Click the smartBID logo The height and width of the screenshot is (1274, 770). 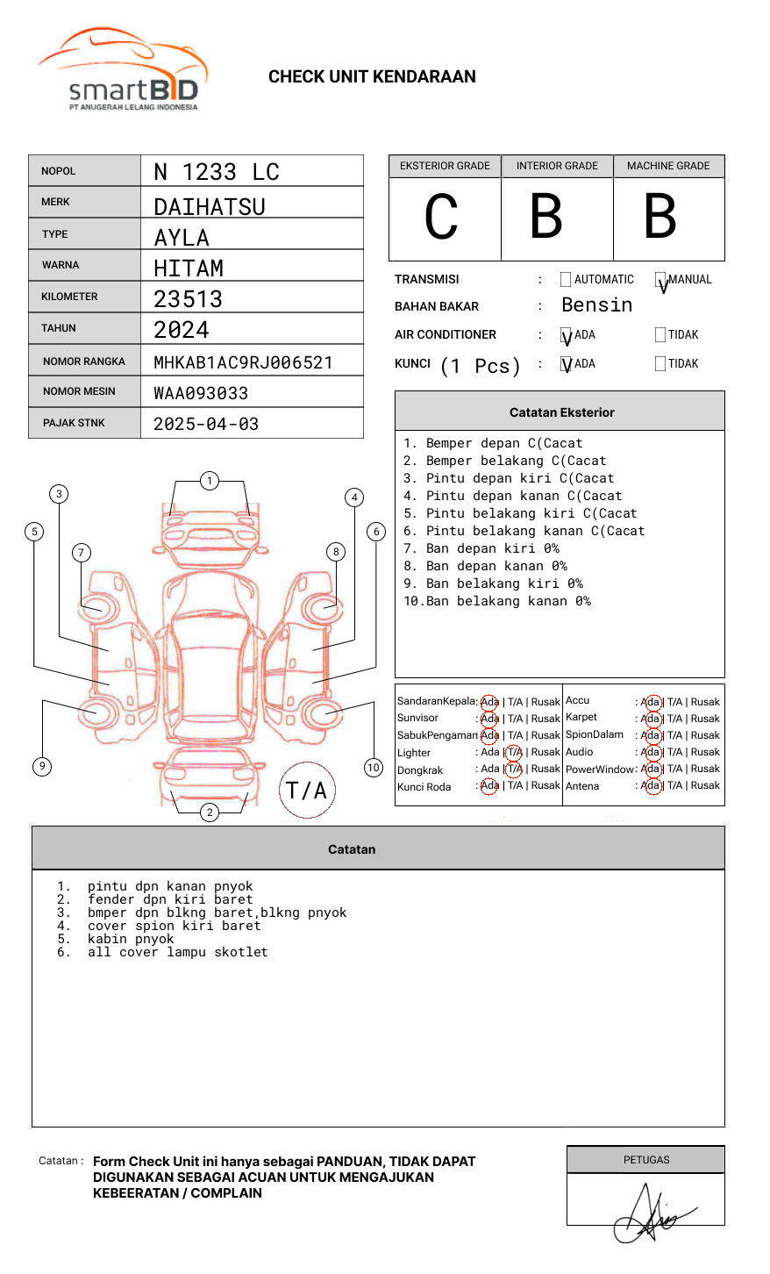[x=123, y=70]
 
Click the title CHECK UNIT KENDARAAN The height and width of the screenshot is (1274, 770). [x=372, y=77]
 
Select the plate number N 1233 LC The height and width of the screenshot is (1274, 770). [x=216, y=172]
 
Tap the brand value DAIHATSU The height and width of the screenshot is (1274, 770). [x=209, y=207]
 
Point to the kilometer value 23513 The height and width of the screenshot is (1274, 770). [x=188, y=299]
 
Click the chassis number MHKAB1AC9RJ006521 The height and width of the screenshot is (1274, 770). [x=243, y=362]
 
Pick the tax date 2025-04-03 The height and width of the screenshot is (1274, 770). [x=206, y=424]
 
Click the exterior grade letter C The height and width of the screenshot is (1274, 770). [x=441, y=217]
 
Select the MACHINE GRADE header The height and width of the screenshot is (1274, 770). [x=668, y=166]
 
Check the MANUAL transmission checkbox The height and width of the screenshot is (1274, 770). [x=660, y=281]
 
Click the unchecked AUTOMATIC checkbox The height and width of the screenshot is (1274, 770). [x=566, y=280]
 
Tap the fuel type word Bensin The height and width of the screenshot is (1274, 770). [x=596, y=305]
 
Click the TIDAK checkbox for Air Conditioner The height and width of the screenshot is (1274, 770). [x=660, y=335]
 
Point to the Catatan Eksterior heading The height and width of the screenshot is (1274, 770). [x=561, y=412]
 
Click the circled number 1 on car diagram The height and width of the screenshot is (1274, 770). [x=209, y=481]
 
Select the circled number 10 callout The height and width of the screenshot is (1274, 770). [x=374, y=768]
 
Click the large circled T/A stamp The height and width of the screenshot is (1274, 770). [x=307, y=791]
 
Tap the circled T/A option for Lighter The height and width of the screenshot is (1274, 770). [x=514, y=753]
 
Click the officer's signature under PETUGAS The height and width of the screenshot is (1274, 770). [x=649, y=1215]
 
